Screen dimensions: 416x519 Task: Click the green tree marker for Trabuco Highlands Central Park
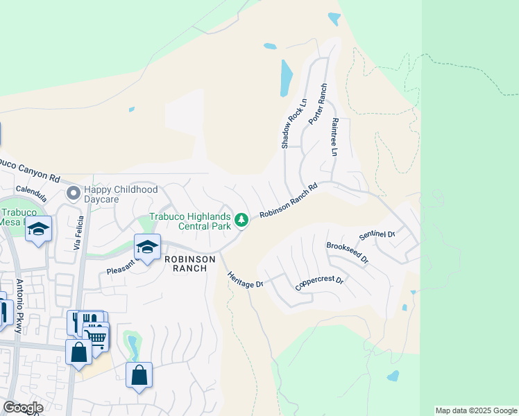click(241, 220)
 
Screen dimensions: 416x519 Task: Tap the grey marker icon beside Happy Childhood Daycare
click(72, 192)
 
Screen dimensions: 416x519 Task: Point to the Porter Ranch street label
click(317, 105)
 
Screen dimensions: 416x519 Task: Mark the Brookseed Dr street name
click(347, 252)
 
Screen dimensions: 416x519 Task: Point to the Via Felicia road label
click(78, 234)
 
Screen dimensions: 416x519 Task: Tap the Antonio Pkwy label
click(19, 300)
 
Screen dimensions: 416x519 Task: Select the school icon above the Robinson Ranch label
click(147, 248)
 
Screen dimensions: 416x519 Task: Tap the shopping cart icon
click(96, 338)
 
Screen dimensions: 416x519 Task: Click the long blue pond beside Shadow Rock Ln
click(287, 77)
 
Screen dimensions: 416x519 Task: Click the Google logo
click(23, 408)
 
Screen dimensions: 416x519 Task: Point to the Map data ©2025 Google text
click(476, 410)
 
